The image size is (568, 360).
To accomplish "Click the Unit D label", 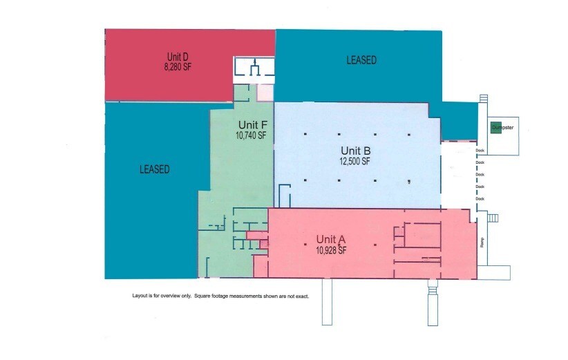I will coord(178,57).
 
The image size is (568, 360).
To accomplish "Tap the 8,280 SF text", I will coord(178,67).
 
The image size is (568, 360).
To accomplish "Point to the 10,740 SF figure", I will coord(250,136).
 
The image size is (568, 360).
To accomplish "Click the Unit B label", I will coord(356,151).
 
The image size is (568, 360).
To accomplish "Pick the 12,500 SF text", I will coord(356,162).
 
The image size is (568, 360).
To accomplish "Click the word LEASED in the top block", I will coord(361,61).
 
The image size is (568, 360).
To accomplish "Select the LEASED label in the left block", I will coord(154,169).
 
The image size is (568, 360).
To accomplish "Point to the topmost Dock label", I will coord(480,150).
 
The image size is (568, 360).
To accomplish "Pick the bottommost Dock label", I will coord(480,199).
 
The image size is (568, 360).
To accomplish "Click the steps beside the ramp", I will coord(493,218).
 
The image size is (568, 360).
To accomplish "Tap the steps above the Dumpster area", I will coord(483,100).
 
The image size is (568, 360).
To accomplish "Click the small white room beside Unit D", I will coord(254,69).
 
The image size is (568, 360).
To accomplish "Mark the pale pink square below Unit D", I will coord(265,93).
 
